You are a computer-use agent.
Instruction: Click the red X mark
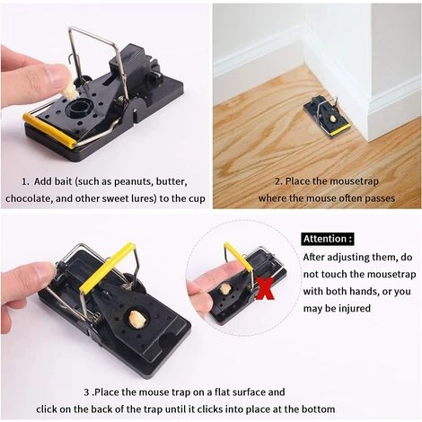pos(264,289)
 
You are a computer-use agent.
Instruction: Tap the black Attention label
pos(328,239)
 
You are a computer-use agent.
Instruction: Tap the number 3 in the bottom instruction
pos(87,392)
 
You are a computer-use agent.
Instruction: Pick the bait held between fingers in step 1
pos(70,90)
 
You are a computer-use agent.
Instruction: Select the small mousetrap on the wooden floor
pos(327,117)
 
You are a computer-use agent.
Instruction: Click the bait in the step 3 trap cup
pos(137,319)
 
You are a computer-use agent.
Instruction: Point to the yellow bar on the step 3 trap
pos(108,268)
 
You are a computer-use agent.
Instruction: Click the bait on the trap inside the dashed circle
pos(224,289)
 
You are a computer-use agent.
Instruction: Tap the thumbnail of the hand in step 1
pos(57,75)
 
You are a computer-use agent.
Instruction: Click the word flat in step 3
pos(222,392)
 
